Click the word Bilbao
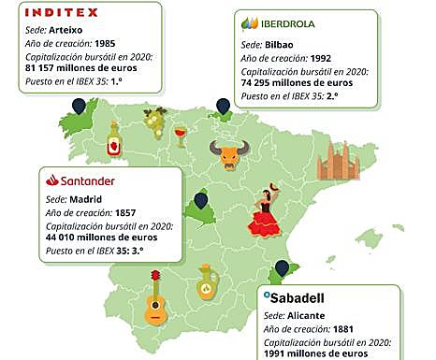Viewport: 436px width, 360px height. tap(281, 44)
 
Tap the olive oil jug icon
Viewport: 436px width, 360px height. tap(207, 284)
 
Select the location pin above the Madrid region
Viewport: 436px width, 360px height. tap(199, 201)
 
